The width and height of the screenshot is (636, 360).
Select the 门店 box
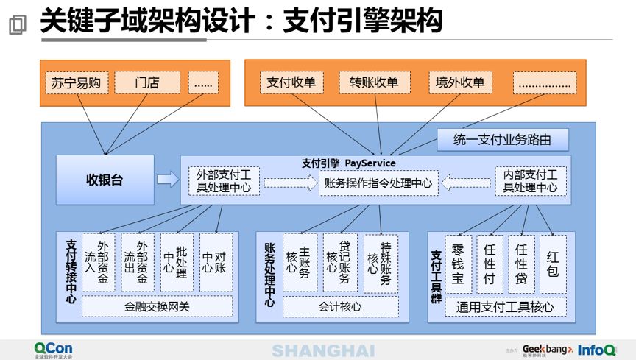pos(147,82)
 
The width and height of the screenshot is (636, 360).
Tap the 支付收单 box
pos(292,82)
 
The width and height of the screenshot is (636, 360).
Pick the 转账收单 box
pos(374,82)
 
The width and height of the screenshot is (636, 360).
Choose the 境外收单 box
pos(460,82)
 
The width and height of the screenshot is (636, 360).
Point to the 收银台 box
pos(105,180)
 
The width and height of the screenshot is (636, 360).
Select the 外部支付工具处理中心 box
pos(224,181)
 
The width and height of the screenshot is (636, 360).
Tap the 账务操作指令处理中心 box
pos(378,183)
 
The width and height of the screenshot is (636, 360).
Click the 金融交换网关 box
pos(157,306)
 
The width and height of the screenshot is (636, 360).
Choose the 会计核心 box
pos(340,306)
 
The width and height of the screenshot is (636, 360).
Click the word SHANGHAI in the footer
pos(322,350)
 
